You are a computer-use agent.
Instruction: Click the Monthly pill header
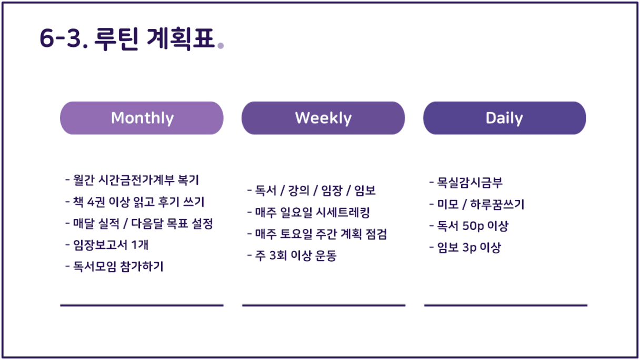tap(142, 118)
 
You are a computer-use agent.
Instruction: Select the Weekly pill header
tap(323, 118)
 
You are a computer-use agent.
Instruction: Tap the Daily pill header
tap(505, 118)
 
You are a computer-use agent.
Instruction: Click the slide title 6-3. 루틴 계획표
tap(127, 38)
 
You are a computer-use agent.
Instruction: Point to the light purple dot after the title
tap(221, 45)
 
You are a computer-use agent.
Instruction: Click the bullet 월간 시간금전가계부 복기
tap(132, 180)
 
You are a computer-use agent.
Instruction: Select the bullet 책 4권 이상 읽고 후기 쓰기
tap(135, 202)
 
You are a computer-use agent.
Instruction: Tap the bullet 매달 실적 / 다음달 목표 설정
tap(139, 224)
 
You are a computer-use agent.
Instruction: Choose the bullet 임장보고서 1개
tap(107, 245)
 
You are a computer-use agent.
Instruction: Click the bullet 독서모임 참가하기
tap(114, 266)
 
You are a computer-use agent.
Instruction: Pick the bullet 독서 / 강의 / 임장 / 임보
tap(312, 191)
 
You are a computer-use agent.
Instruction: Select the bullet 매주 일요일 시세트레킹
tap(308, 212)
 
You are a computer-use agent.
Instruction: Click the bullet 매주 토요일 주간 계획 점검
tap(317, 234)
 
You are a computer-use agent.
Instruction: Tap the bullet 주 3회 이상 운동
tap(292, 255)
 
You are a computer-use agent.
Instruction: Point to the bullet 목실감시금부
tap(466, 183)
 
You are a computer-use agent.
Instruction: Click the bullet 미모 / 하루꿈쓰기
tap(477, 204)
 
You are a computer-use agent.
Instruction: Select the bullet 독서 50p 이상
tap(469, 226)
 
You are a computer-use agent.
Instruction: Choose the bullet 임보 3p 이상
tap(465, 247)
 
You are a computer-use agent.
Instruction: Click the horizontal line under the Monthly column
tap(142, 305)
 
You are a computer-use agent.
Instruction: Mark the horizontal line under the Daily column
tap(506, 305)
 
